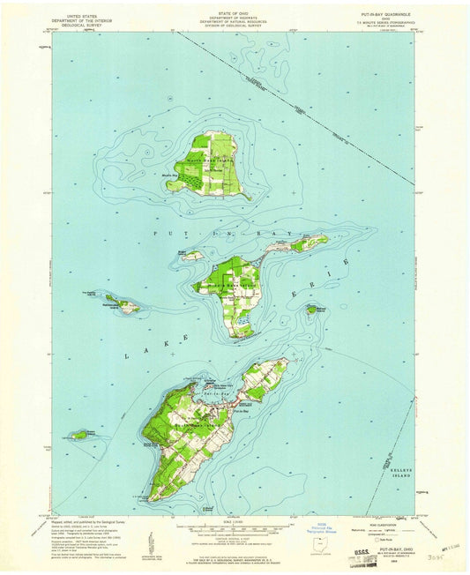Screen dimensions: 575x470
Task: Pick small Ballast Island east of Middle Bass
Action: pyautogui.click(x=312, y=310)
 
